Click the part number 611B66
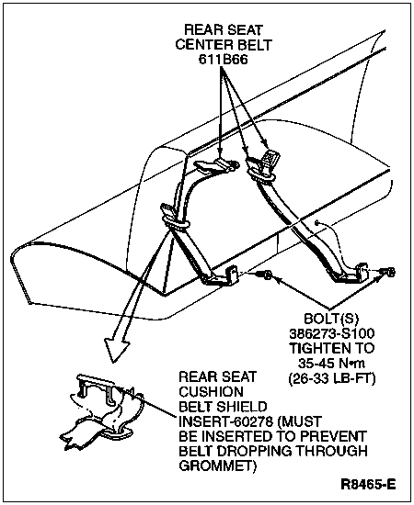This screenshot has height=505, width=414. (223, 60)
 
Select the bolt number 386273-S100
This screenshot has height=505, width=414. (332, 333)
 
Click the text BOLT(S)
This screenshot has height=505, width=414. (331, 319)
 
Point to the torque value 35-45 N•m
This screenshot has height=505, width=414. (331, 363)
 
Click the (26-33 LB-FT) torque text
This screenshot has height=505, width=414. (332, 378)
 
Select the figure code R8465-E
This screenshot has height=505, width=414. (368, 484)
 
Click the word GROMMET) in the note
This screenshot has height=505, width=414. (217, 466)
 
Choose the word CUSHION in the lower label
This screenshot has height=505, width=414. (211, 392)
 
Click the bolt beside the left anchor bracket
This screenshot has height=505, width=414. (265, 275)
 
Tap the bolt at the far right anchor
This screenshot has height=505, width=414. (388, 272)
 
